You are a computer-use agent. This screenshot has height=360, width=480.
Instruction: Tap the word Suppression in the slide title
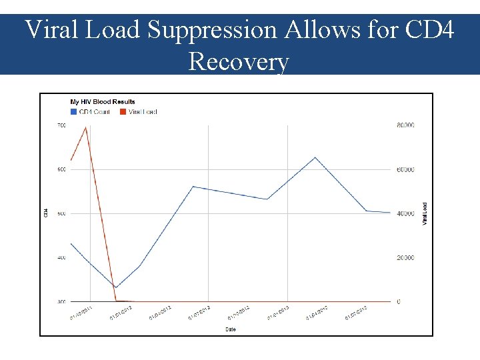point(221,30)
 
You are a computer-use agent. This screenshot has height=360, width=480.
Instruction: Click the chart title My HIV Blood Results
point(103,102)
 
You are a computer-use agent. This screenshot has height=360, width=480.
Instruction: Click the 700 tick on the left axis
point(61,125)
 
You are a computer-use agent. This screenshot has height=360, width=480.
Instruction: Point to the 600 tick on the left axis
point(61,169)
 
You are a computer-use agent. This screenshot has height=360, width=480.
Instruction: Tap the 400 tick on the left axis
point(61,257)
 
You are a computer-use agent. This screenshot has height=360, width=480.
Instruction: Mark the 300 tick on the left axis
point(61,301)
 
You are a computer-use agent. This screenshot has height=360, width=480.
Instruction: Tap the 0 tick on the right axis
point(399,301)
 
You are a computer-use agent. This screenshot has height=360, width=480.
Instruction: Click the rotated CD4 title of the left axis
point(45,213)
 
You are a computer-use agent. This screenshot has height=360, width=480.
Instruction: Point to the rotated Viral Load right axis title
point(425,213)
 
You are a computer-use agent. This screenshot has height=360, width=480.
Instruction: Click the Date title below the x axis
point(230,329)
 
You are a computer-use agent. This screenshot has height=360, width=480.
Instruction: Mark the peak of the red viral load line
point(86,127)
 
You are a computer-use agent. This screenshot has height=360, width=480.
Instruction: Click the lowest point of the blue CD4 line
point(115,288)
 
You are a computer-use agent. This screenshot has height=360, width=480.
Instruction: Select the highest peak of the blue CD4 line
point(315,157)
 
